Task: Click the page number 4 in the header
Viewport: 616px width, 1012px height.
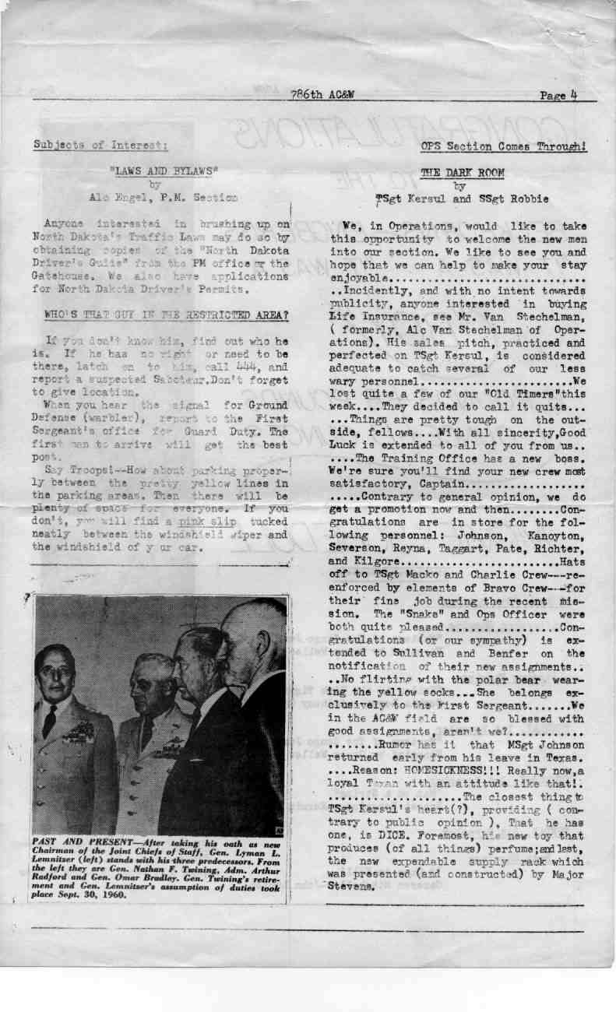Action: (572, 95)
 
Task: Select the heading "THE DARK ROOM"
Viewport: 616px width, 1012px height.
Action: (462, 173)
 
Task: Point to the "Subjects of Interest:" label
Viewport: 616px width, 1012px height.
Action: (100, 145)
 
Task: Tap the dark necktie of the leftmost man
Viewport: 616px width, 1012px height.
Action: (50, 720)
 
